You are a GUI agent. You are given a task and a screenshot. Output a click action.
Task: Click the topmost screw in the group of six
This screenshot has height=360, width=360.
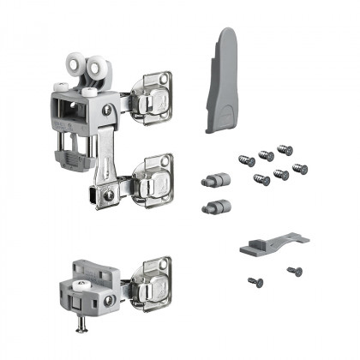[x=284, y=151]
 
